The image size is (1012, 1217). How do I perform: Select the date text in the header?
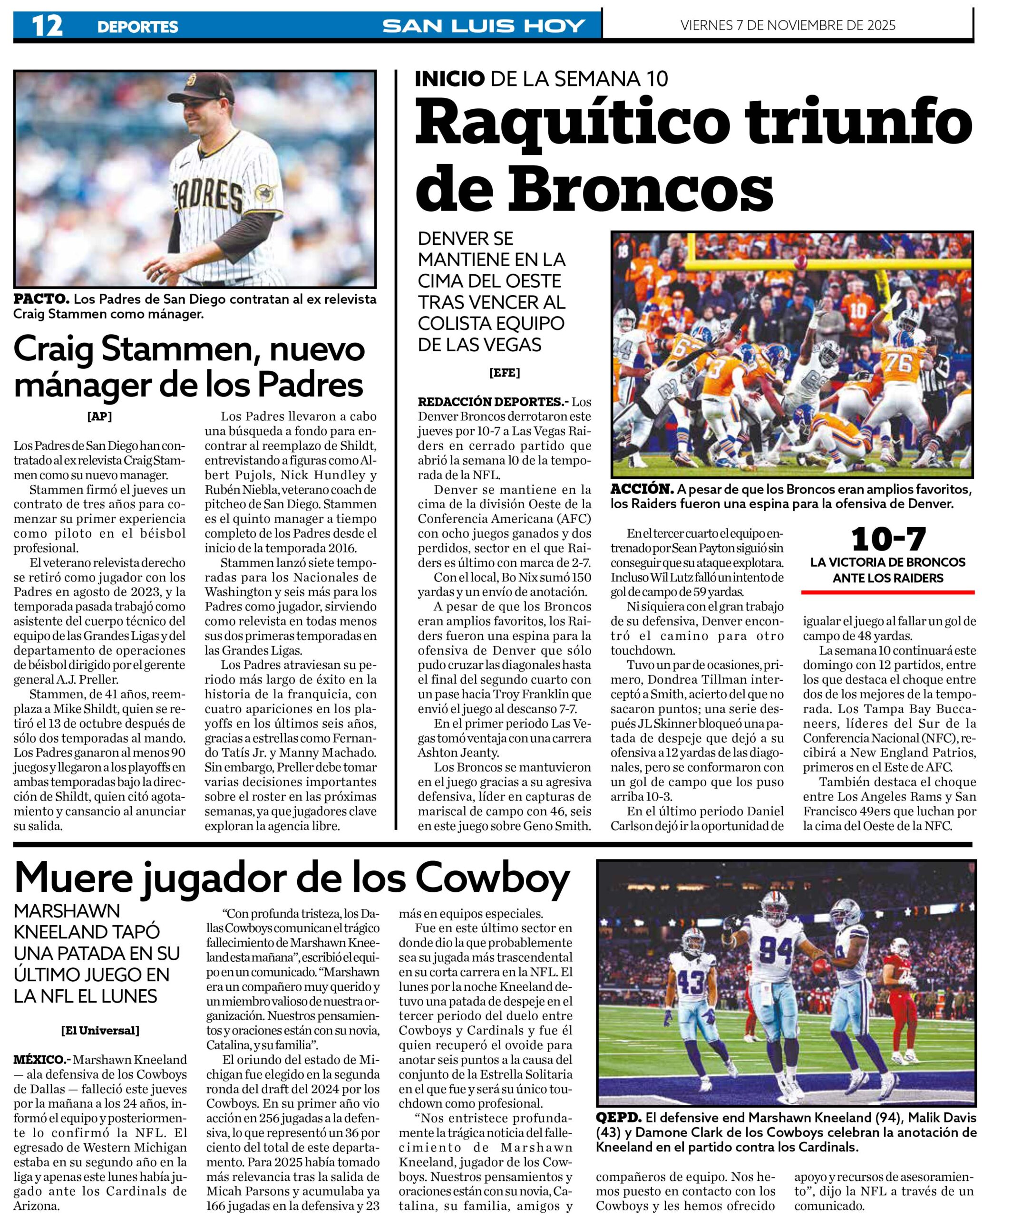tap(788, 26)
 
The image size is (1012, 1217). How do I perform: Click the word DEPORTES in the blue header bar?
tap(137, 27)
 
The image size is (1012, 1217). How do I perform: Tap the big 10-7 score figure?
tap(888, 540)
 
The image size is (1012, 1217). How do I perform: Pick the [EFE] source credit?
tap(504, 373)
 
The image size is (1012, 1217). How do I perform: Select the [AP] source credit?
tap(100, 416)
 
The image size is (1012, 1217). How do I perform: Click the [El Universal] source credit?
tap(100, 1030)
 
